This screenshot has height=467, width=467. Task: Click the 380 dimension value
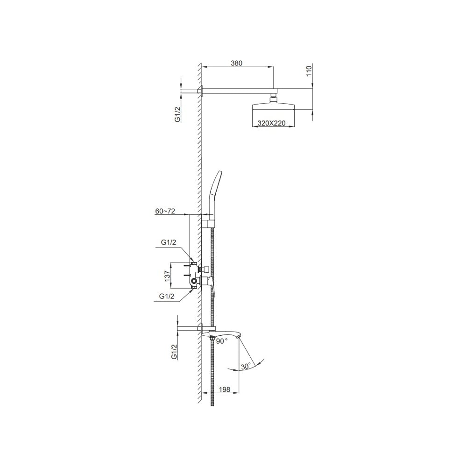pos(236,63)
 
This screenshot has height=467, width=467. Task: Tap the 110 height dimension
pos(309,71)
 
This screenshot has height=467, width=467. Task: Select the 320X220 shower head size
pos(271,123)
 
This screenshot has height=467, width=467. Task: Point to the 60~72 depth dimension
pos(165,211)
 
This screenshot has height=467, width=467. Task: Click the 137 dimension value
pos(167,276)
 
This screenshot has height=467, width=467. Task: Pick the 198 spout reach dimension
pos(225,389)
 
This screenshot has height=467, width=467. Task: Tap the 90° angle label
pos(222,341)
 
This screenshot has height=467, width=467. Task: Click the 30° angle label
pos(246,366)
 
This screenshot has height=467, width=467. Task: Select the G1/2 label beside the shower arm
pos(177,114)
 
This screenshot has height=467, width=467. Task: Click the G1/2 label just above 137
pos(169,242)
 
